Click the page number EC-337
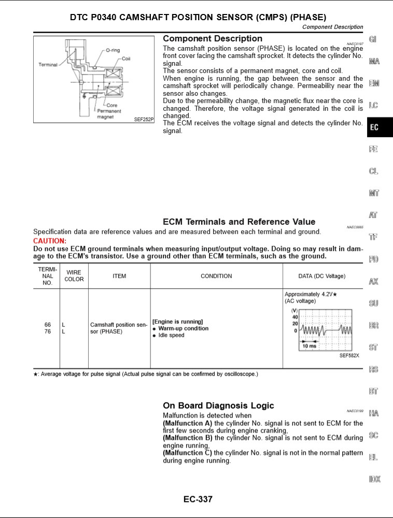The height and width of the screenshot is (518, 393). [x=198, y=499]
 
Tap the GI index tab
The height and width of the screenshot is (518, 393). [x=373, y=39]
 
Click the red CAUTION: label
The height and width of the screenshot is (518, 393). [x=50, y=241]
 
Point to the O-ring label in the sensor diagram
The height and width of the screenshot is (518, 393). [x=113, y=50]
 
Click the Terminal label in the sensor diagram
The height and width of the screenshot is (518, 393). [x=48, y=65]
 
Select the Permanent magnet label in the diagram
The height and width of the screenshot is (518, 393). [x=109, y=114]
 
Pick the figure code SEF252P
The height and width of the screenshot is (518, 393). [x=144, y=119]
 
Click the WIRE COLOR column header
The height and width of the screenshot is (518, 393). [x=74, y=276]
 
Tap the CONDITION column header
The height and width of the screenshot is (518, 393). [x=216, y=276]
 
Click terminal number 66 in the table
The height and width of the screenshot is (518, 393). [x=48, y=325]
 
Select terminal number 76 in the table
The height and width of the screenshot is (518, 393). [x=48, y=332]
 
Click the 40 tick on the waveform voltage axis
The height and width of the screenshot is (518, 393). [x=295, y=316]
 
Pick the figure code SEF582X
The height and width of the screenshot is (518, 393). [x=349, y=355]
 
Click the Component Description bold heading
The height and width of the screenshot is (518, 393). [x=213, y=38]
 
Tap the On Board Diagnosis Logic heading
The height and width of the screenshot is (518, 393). [x=218, y=405]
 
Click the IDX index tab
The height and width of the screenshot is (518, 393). [x=375, y=479]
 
